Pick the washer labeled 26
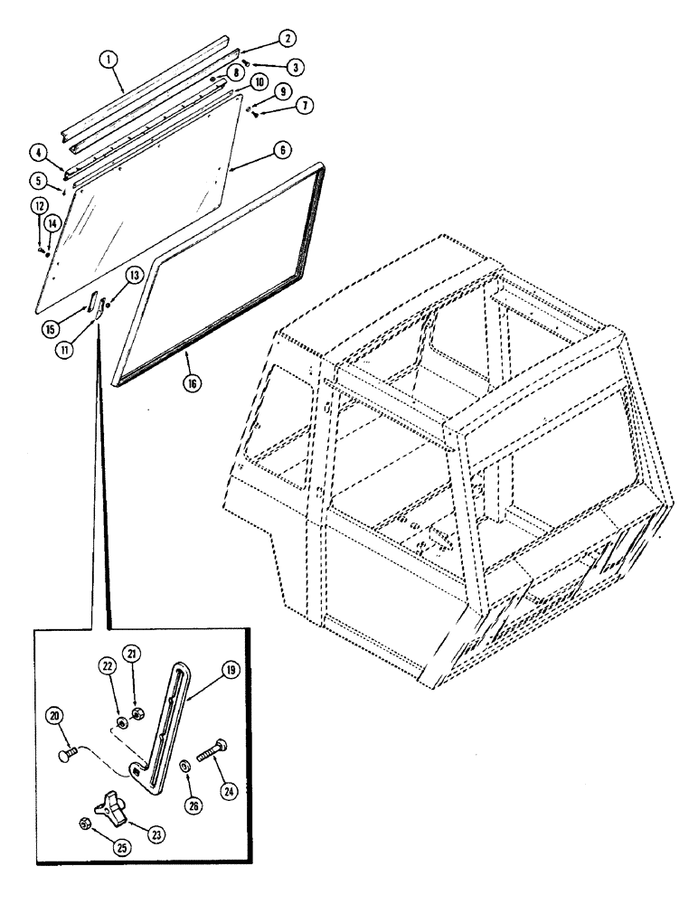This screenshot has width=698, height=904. pyautogui.click(x=184, y=767)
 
